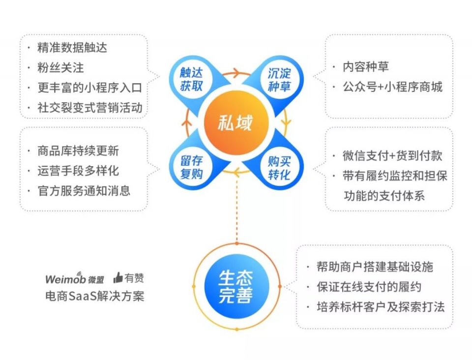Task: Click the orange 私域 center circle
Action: point(236,123)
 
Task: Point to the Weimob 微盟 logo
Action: point(75,278)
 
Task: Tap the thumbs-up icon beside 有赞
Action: point(118,277)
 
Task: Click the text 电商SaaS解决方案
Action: point(95,296)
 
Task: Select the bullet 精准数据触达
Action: point(72,48)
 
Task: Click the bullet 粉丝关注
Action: point(60,68)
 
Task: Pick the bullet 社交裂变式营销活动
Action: point(89,108)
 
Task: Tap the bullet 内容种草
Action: point(366,67)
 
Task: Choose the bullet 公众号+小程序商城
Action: point(392,87)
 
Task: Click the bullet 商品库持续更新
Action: point(78,151)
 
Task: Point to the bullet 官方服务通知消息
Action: point(84,191)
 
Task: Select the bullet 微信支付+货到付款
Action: point(392,156)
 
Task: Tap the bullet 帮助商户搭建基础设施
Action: point(375,267)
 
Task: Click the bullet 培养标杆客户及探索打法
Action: point(381,307)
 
